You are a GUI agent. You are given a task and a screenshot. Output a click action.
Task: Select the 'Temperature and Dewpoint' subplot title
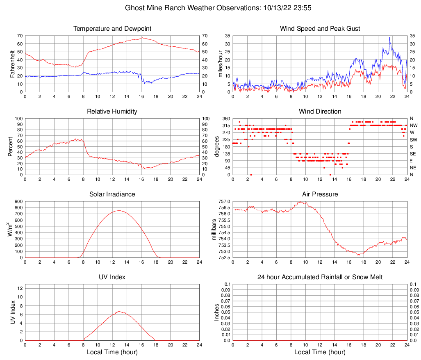click(x=112, y=29)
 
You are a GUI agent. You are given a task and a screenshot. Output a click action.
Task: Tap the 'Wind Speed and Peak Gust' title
click(x=320, y=29)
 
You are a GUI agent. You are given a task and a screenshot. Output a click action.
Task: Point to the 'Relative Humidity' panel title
click(x=112, y=112)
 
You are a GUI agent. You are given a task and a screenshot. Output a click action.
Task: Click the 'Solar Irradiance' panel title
click(x=112, y=194)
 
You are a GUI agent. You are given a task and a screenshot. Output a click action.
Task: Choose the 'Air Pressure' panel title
click(x=320, y=194)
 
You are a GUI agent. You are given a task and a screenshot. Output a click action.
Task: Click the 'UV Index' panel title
click(x=112, y=277)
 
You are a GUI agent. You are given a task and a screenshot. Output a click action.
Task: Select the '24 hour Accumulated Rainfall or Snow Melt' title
click(x=320, y=277)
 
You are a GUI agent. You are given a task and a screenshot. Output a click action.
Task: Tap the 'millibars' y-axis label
click(x=214, y=230)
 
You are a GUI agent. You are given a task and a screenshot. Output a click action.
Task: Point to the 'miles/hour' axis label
click(x=220, y=64)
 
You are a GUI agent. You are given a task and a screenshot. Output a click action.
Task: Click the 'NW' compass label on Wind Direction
click(x=413, y=125)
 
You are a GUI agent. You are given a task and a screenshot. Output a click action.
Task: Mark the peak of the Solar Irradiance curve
click(x=119, y=210)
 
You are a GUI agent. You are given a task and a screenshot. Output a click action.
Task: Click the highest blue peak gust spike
click(x=390, y=38)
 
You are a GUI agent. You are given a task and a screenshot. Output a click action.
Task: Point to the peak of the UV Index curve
click(x=119, y=311)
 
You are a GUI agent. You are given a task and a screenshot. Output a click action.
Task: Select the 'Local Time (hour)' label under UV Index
click(x=112, y=352)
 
